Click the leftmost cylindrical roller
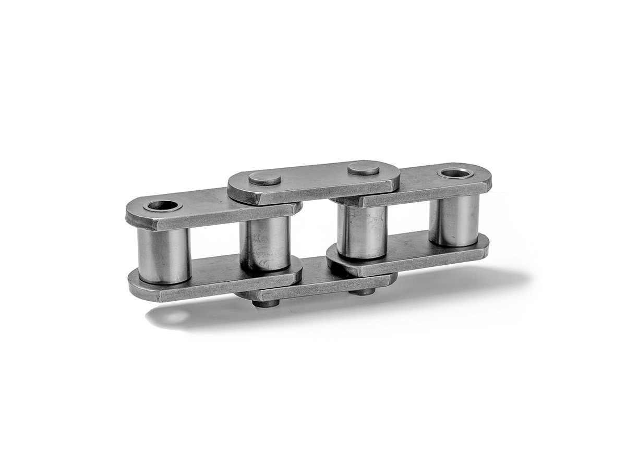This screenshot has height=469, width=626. click(x=163, y=255)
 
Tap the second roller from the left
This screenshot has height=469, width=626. click(x=264, y=242)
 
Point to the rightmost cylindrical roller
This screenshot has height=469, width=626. click(x=453, y=220)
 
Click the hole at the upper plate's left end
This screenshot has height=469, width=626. click(x=162, y=205)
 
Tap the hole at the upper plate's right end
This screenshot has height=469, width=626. click(x=455, y=172)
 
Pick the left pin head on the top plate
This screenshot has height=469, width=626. click(x=264, y=179)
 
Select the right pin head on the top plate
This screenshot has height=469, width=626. click(x=363, y=168)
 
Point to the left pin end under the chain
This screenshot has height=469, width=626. click(x=266, y=303)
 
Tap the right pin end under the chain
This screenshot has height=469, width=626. click(x=362, y=292)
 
